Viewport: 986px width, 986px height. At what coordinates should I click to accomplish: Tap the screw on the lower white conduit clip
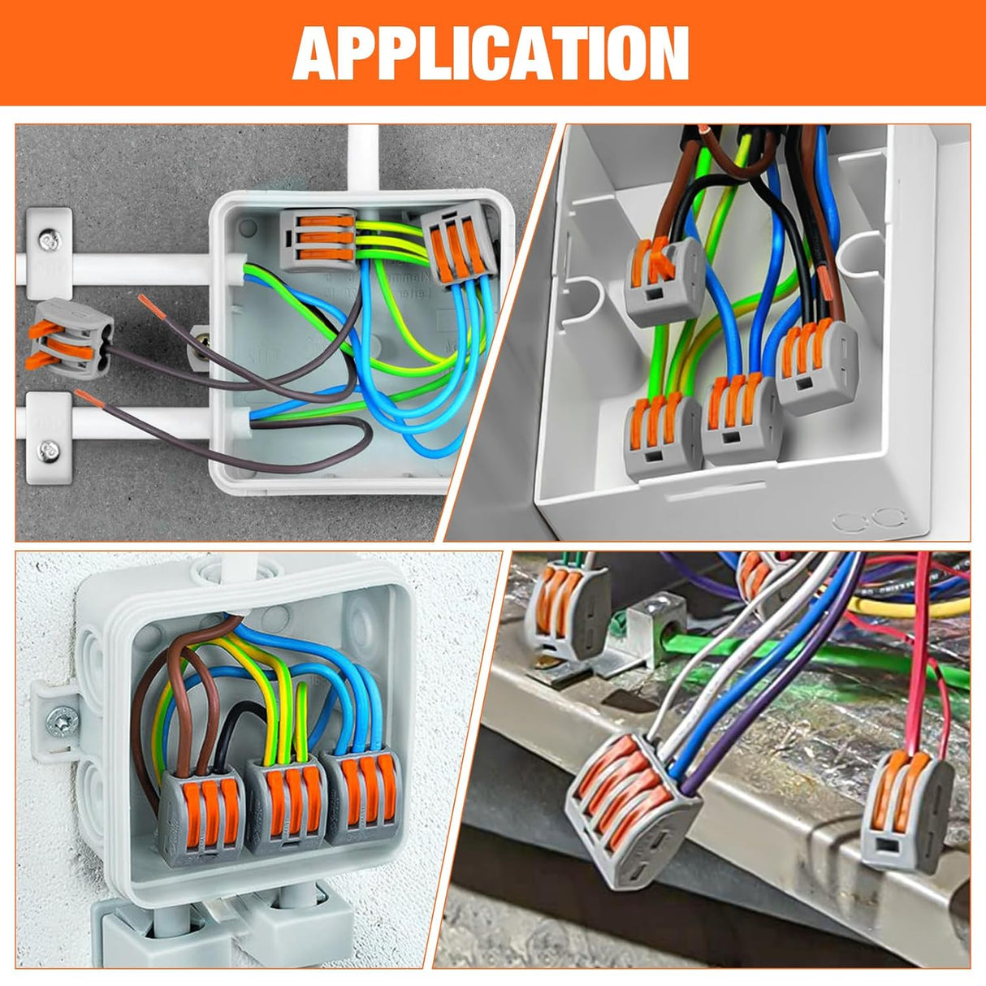click(50, 448)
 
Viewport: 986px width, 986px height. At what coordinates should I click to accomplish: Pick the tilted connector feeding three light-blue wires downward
click(460, 244)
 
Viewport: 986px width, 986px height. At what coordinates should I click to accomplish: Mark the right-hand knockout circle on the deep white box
click(890, 519)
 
